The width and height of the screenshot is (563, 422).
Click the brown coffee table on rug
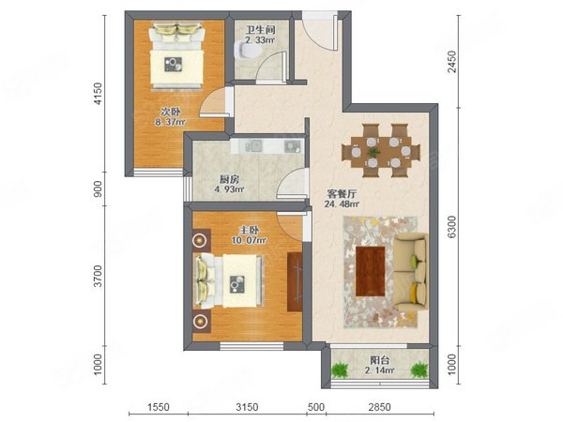click(x=371, y=270)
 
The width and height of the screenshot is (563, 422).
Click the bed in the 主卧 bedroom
click(x=229, y=280)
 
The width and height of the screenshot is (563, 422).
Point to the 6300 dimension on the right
click(x=453, y=227)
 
